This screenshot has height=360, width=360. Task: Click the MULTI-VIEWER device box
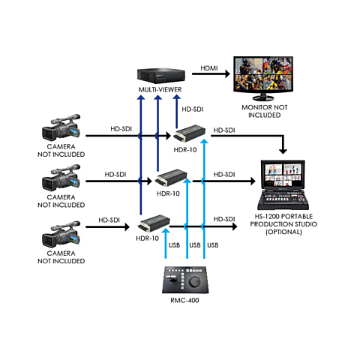coord(161,76)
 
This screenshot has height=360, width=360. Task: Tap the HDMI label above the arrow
coord(209,68)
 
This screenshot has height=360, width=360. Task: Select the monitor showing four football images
coord(263,78)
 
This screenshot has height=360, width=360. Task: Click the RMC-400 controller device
coord(185,280)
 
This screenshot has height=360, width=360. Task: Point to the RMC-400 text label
coord(184,300)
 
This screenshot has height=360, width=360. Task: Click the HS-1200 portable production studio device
coord(283,185)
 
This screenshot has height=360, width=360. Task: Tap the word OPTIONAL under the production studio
coord(283,232)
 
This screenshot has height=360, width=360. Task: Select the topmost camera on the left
coord(61,127)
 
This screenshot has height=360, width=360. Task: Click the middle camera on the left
coord(61,178)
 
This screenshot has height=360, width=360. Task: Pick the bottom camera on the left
coord(61,234)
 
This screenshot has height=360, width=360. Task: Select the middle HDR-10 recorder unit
coord(171,178)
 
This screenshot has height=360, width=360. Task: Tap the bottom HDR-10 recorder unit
coord(154,223)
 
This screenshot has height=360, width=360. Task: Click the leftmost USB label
coord(174,245)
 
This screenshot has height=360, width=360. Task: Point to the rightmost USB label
coord(213,245)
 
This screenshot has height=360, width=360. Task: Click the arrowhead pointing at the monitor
coord(227,73)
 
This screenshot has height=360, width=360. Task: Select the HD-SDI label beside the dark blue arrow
coord(193,109)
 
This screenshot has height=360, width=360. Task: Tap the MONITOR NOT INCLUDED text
coord(264,111)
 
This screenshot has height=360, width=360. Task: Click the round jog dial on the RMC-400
coord(193,282)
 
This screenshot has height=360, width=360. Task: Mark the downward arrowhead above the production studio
coord(283,151)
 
